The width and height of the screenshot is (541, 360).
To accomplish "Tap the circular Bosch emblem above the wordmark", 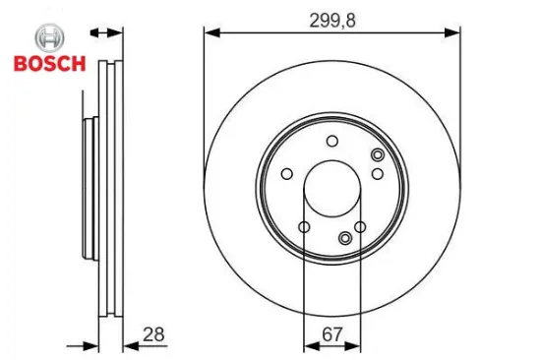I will click(x=48, y=39).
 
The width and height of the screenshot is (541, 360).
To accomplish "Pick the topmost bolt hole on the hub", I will click(x=331, y=141).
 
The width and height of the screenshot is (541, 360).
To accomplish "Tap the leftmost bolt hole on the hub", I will click(x=286, y=175).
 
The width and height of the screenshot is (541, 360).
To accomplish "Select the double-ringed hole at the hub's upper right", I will click(x=377, y=154).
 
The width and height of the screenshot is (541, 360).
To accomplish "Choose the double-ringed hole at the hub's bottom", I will click(x=344, y=237).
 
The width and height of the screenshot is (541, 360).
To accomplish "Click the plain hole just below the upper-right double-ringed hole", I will click(x=377, y=174).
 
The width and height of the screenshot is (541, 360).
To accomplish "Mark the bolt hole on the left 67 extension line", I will click(x=304, y=228).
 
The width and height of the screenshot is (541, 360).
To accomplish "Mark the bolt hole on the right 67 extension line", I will click(x=360, y=228).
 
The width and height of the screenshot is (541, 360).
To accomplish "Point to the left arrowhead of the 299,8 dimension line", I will click(x=210, y=33).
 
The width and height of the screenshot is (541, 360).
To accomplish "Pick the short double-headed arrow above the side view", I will click(x=107, y=33).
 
